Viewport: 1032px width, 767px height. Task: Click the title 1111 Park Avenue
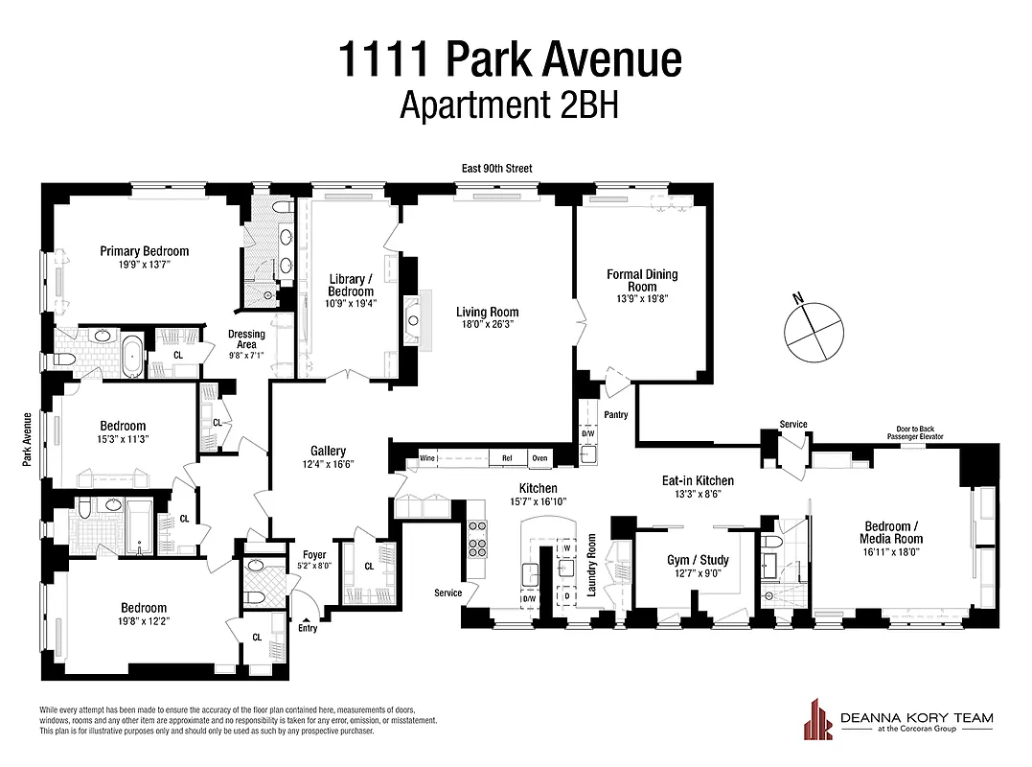click(x=509, y=58)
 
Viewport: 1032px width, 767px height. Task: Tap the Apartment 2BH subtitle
click(x=509, y=105)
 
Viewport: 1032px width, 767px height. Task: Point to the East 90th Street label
click(x=493, y=169)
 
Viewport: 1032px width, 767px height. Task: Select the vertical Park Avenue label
click(x=29, y=440)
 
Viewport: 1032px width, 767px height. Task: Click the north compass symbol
click(x=812, y=328)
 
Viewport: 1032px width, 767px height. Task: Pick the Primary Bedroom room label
click(x=145, y=251)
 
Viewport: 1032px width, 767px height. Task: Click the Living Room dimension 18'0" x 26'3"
click(x=487, y=324)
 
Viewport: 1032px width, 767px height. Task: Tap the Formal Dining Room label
click(x=642, y=280)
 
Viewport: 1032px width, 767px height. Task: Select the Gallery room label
click(x=328, y=451)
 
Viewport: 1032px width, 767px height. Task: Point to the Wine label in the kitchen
click(x=427, y=459)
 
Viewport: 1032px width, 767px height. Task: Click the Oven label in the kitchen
click(x=540, y=459)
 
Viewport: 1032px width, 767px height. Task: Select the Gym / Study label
click(x=698, y=561)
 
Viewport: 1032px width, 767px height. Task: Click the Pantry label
click(x=616, y=414)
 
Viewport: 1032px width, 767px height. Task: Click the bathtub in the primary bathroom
click(x=132, y=354)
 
